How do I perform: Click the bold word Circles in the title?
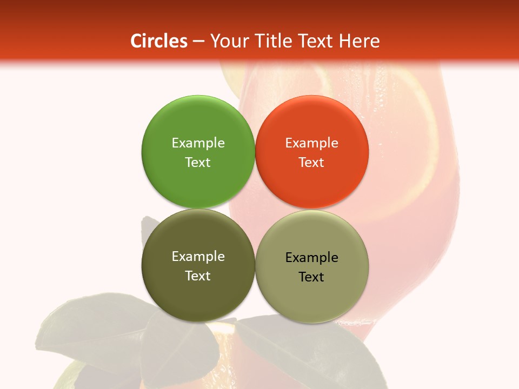[x=158, y=41]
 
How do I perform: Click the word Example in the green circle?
[x=198, y=143]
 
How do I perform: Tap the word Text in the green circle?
[x=198, y=162]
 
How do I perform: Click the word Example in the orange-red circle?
[x=312, y=143]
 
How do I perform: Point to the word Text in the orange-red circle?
[x=312, y=162]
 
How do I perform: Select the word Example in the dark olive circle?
[x=198, y=256]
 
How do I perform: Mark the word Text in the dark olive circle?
[x=198, y=276]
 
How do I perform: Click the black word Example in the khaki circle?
[x=312, y=257]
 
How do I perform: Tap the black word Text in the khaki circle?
[x=312, y=277]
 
